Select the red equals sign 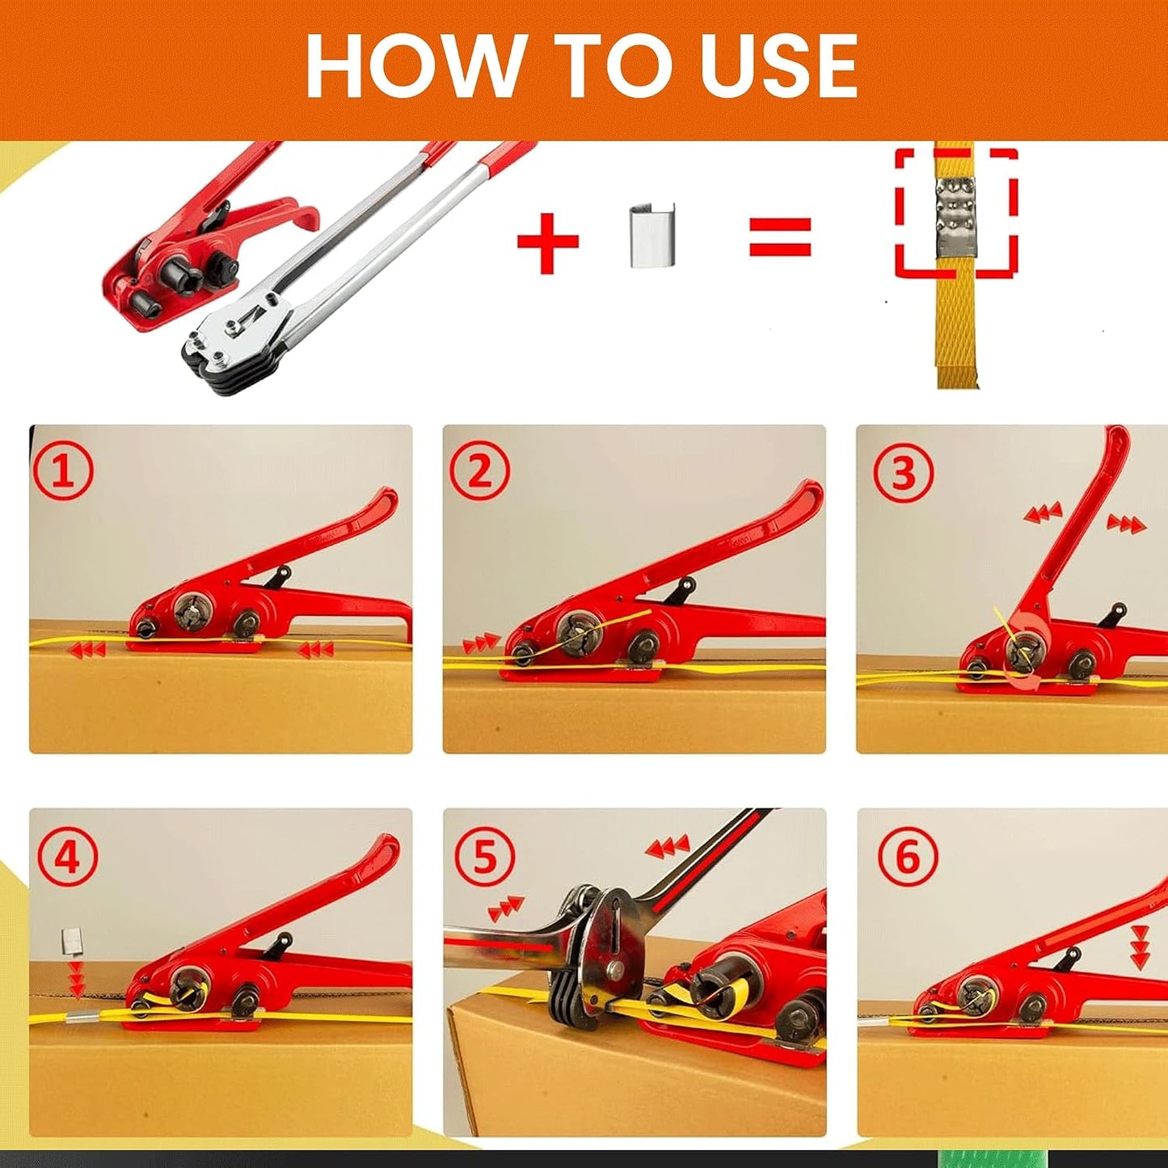(780, 237)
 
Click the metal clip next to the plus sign (652, 237)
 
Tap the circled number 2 (479, 472)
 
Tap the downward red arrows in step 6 (1141, 947)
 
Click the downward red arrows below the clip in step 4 (76, 980)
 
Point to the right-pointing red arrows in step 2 (481, 641)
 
